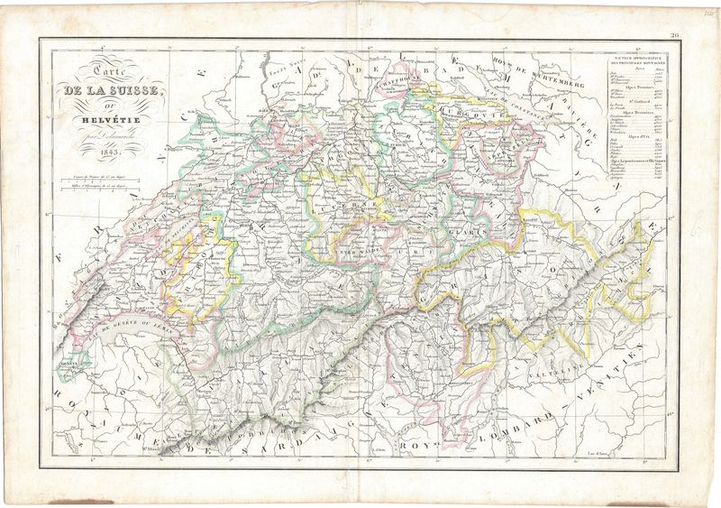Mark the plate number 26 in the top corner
point(675,34)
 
